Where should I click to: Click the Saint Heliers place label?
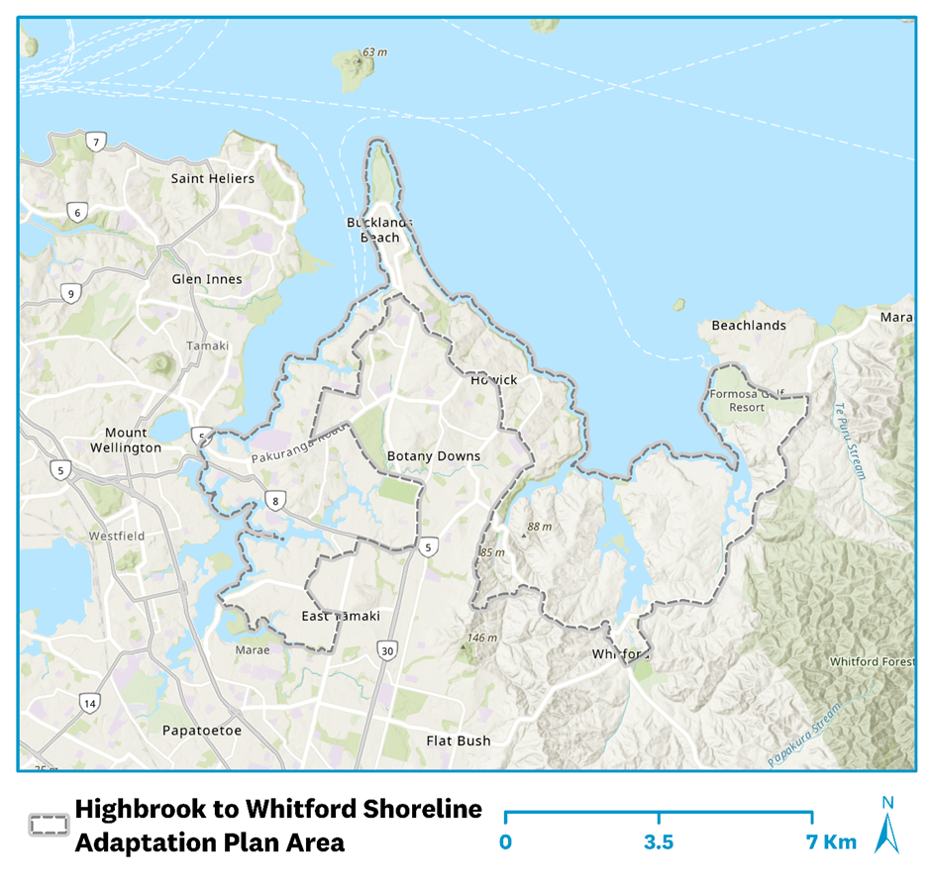(x=212, y=178)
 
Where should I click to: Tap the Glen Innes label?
(x=206, y=279)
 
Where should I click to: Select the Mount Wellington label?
(x=133, y=441)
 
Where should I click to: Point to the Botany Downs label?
(x=433, y=456)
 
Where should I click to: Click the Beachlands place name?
(x=748, y=326)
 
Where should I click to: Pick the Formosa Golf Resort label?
(x=747, y=401)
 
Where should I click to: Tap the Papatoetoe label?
(x=201, y=731)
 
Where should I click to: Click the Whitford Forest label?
(x=871, y=661)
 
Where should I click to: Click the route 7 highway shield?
(x=95, y=142)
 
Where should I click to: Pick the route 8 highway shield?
(x=274, y=500)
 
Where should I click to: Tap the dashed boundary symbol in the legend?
(x=49, y=825)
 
